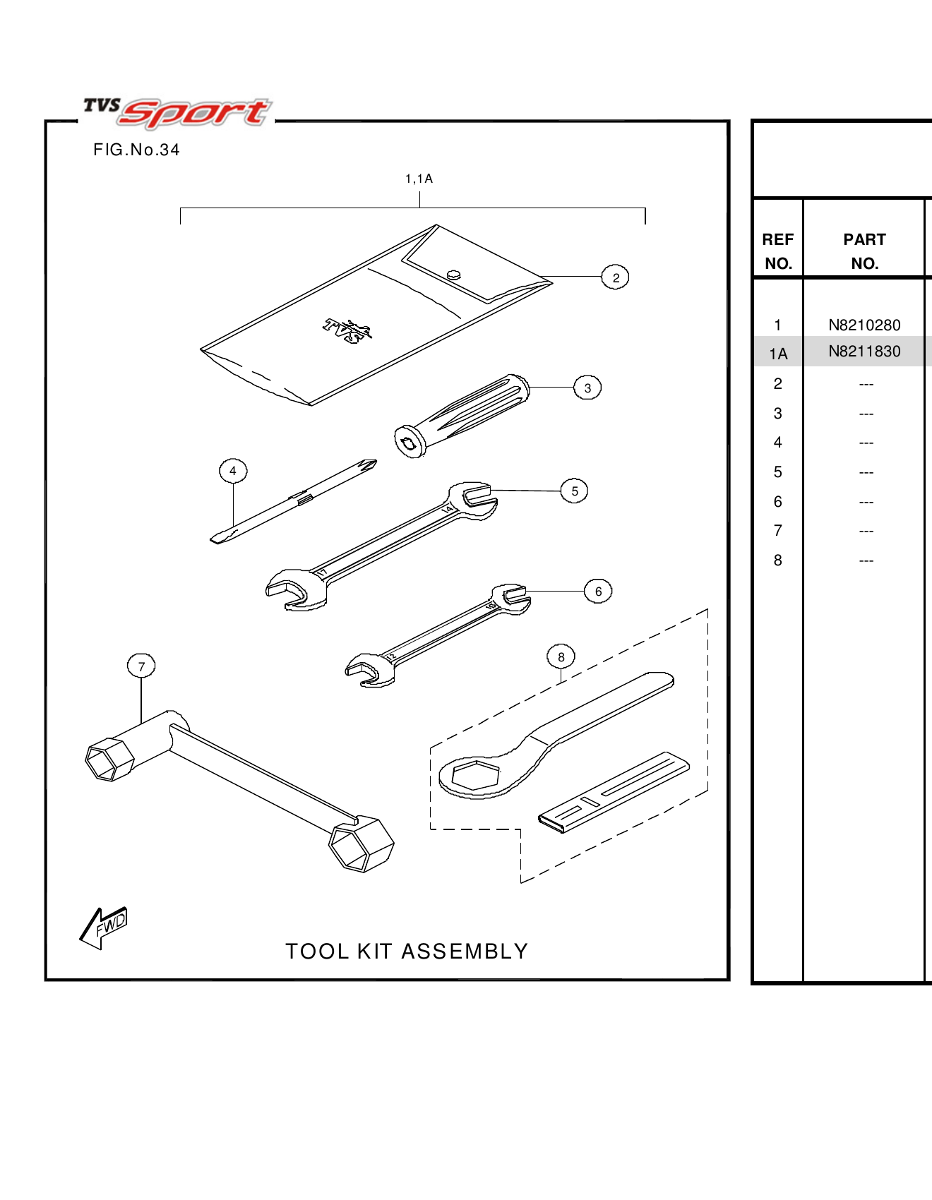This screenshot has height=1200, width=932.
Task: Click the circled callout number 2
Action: point(616,277)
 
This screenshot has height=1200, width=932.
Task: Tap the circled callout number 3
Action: point(587,388)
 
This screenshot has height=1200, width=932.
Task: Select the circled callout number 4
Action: point(233,471)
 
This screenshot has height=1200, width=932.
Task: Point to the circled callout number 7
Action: point(141,666)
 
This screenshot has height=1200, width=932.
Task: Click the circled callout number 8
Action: point(561,657)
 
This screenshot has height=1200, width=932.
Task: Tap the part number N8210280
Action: point(864,325)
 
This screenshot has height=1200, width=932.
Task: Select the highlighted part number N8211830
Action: point(864,352)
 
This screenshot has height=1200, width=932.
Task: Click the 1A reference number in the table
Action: point(778,354)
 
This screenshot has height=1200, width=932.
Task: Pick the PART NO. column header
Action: point(864,251)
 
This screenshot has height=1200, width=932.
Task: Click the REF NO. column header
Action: point(778,251)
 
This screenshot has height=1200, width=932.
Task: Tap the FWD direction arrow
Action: point(104,927)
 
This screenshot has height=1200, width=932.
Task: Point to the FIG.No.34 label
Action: point(136,150)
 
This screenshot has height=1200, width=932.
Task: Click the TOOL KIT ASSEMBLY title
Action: point(407,952)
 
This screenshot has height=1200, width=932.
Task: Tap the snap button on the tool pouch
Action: point(454,275)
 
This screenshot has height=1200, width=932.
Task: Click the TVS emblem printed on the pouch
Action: point(347,330)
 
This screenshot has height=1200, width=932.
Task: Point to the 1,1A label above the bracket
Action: point(419,179)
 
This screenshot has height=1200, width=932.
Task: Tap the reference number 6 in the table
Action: point(777,502)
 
